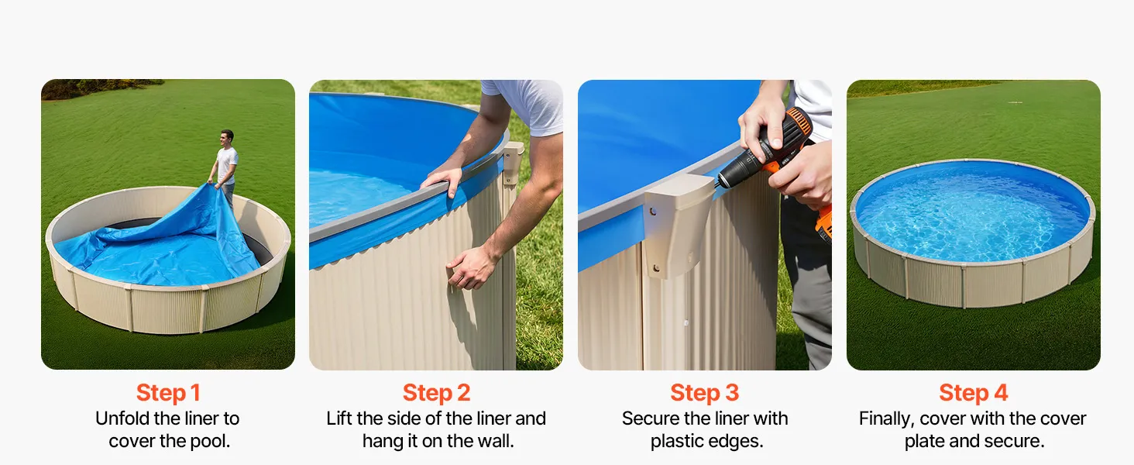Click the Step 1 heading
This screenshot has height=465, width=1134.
click(x=168, y=393)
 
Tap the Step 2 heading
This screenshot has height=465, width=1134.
click(x=436, y=393)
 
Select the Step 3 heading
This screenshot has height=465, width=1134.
click(x=705, y=393)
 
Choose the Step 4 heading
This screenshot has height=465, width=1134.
click(x=974, y=393)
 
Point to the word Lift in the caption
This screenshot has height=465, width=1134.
click(x=338, y=418)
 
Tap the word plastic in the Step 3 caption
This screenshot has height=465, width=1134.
click(x=675, y=441)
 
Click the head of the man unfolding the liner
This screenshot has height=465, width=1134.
click(x=227, y=138)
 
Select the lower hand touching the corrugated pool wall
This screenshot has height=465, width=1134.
click(x=470, y=268)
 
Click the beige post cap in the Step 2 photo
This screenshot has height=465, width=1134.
click(x=513, y=162)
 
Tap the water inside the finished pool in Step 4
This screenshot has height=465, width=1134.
click(x=972, y=215)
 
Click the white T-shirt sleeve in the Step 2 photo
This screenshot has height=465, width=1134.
click(x=527, y=105)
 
